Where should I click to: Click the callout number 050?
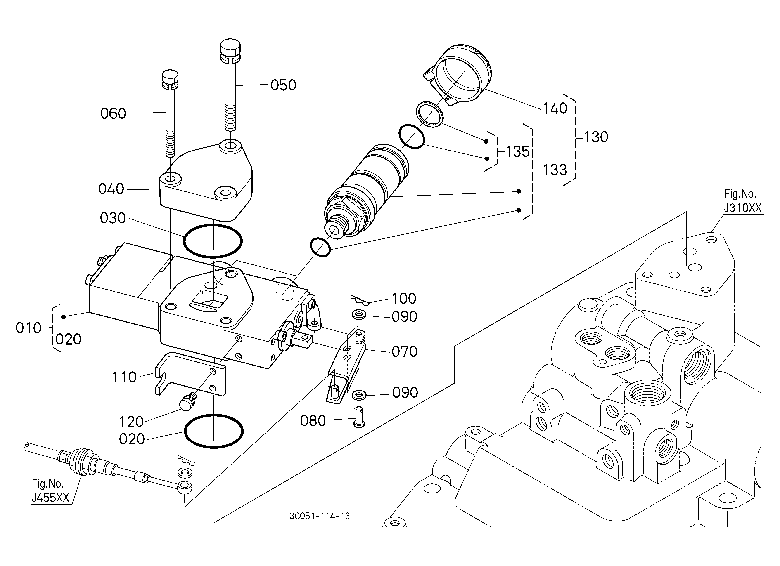pyautogui.click(x=283, y=85)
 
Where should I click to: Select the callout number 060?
pyautogui.click(x=113, y=113)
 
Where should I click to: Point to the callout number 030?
pyautogui.click(x=113, y=218)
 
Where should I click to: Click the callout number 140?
pyautogui.click(x=555, y=108)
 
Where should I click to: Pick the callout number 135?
pyautogui.click(x=518, y=151)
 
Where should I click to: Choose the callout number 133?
pyautogui.click(x=555, y=170)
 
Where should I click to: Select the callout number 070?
pyautogui.click(x=404, y=351)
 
